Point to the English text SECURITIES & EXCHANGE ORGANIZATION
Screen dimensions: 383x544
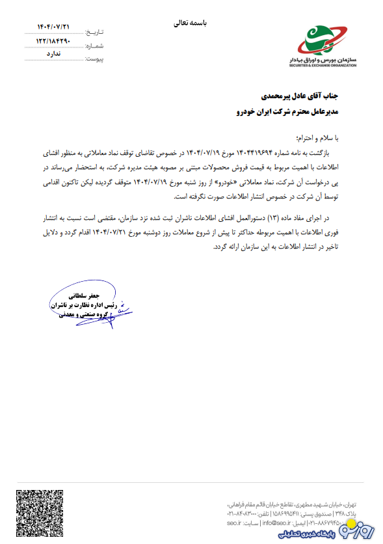(323, 66)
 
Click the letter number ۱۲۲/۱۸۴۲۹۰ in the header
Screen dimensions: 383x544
(53, 42)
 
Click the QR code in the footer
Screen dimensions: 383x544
(38, 511)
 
